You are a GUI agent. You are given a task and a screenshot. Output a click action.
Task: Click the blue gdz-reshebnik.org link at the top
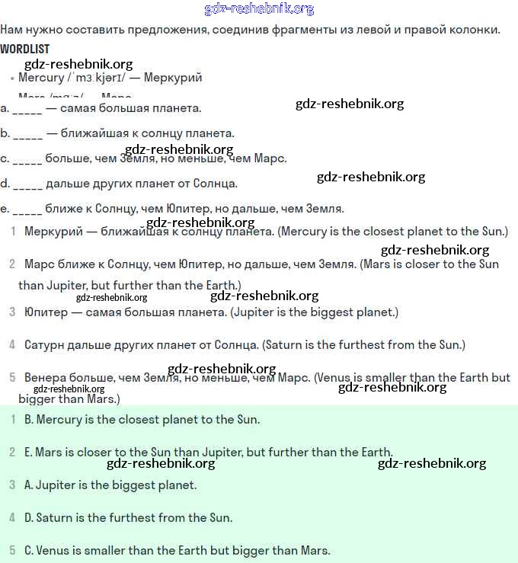[x=259, y=9]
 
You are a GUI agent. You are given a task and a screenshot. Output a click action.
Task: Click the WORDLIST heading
[x=25, y=49]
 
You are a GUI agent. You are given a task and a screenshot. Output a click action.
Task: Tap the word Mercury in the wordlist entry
[x=41, y=78]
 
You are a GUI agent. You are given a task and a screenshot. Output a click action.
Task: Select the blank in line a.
[x=27, y=108]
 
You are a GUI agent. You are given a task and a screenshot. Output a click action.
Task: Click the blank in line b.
[x=28, y=134]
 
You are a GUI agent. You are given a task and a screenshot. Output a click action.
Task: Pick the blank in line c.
[x=27, y=159]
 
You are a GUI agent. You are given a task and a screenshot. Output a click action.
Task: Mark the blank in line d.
[x=28, y=184]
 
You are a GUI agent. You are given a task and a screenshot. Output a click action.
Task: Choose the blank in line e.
[x=27, y=209]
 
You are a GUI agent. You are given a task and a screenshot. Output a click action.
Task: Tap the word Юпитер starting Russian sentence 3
[x=45, y=312]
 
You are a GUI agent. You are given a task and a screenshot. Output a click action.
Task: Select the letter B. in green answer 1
[x=29, y=420]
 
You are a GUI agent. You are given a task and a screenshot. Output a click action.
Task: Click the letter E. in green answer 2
[x=28, y=453]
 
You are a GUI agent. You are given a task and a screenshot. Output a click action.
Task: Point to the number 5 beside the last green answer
[x=12, y=551]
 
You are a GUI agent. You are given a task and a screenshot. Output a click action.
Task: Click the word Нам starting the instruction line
[x=12, y=30]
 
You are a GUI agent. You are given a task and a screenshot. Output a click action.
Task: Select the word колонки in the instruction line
[x=477, y=30]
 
